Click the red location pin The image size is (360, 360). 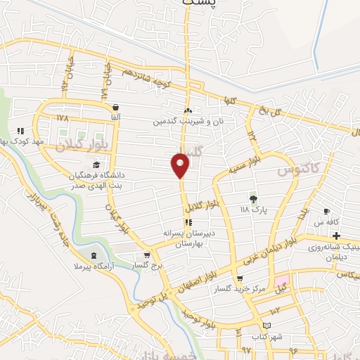181,166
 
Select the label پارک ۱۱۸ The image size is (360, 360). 250,210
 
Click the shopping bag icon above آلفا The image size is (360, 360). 115,108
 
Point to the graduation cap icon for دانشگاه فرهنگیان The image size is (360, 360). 96,165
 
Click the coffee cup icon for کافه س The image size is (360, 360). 326,211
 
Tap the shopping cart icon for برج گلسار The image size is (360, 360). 146,255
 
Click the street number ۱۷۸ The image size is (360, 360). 64,117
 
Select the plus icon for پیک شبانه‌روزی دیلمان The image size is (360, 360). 336,236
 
